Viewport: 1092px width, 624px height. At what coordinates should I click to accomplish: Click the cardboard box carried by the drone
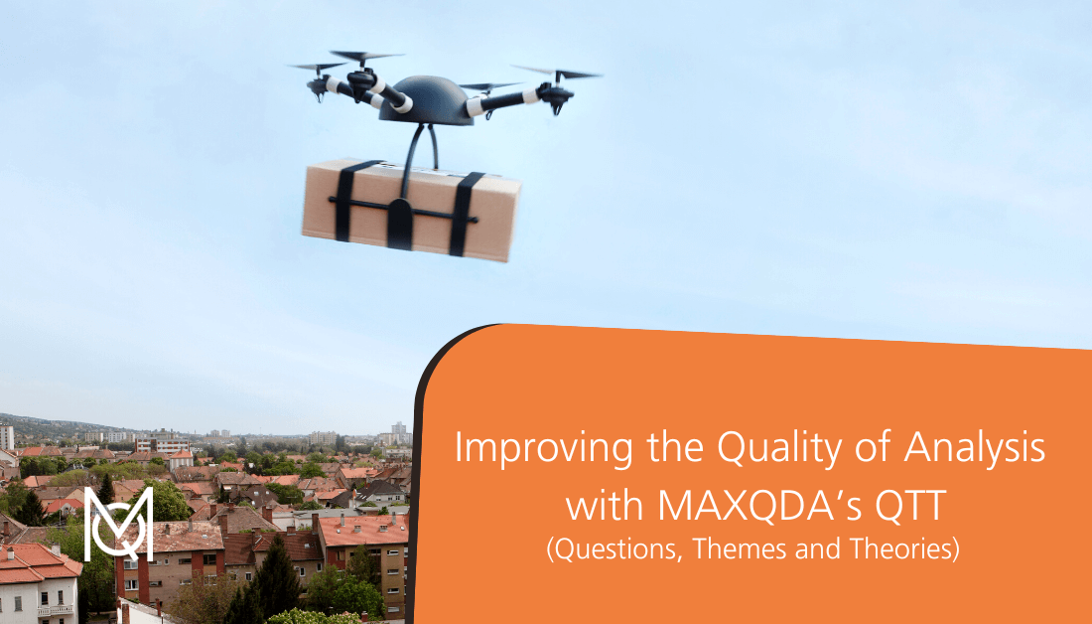click(413, 210)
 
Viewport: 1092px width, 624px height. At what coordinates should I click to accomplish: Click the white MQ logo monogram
click(119, 523)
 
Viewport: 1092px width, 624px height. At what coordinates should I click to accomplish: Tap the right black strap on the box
click(465, 214)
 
